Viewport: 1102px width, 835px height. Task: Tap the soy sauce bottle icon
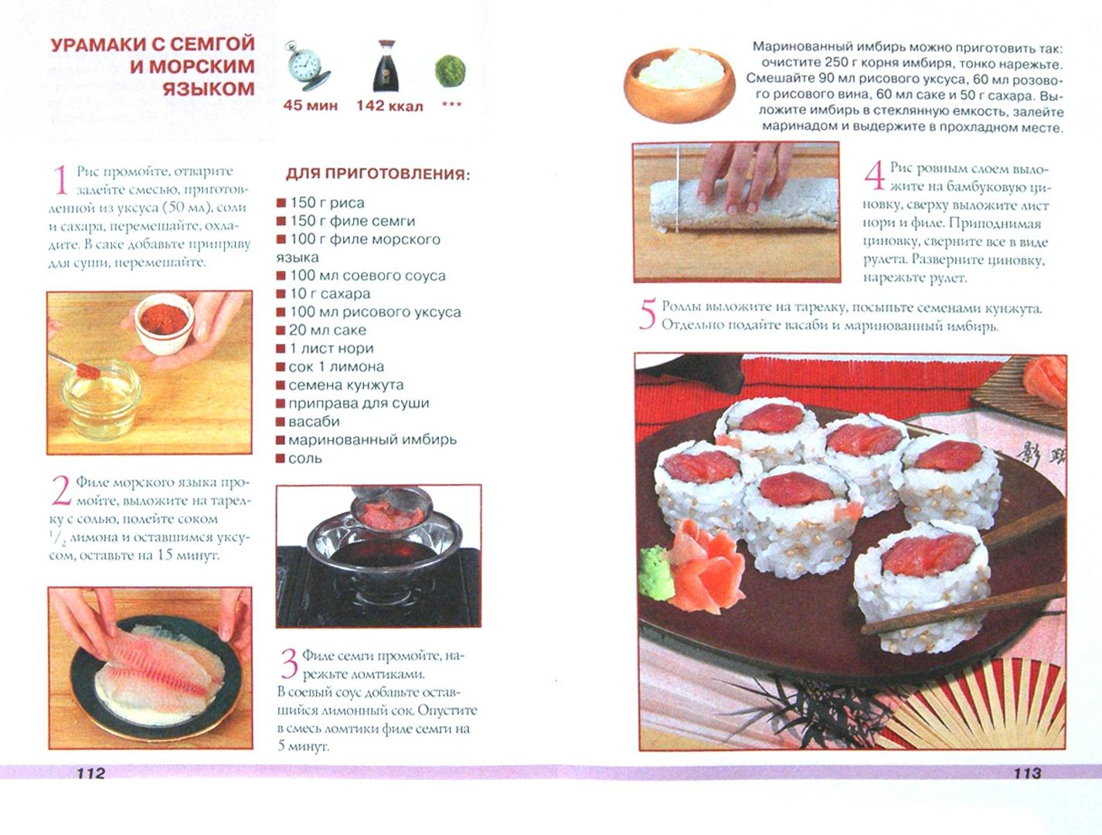tap(386, 66)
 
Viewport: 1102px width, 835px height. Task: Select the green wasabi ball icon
tap(450, 71)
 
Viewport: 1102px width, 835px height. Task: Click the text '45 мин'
tap(310, 106)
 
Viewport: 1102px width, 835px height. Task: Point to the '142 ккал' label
tap(389, 106)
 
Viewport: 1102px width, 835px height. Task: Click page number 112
tap(91, 772)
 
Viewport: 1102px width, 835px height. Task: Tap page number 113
tap(1027, 772)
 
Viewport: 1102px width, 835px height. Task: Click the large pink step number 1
tap(60, 179)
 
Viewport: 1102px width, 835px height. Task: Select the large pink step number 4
tap(874, 176)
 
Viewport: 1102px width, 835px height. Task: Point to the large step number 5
tap(648, 314)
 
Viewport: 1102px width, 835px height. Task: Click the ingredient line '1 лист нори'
tap(325, 349)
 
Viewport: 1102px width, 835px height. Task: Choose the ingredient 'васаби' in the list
tap(308, 421)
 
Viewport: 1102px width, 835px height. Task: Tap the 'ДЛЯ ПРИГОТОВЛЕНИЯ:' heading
tap(378, 174)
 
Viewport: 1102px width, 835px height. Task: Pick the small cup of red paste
tap(164, 323)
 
